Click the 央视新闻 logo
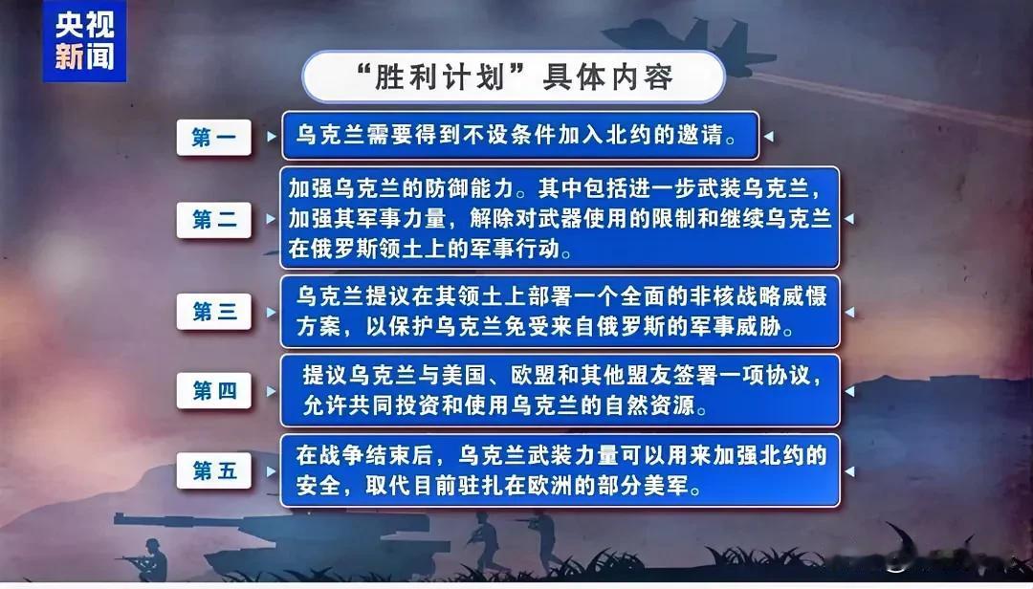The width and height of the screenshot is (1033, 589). click(84, 41)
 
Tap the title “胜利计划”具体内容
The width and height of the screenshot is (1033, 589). click(514, 77)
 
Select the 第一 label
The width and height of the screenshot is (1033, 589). click(213, 137)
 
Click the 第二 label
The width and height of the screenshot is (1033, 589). click(213, 219)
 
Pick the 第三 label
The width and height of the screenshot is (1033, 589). click(213, 311)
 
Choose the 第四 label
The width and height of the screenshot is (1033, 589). click(213, 391)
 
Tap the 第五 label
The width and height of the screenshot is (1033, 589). click(213, 470)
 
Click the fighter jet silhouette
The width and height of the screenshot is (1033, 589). click(689, 45)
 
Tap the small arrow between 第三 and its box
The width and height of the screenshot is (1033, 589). click(271, 311)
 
